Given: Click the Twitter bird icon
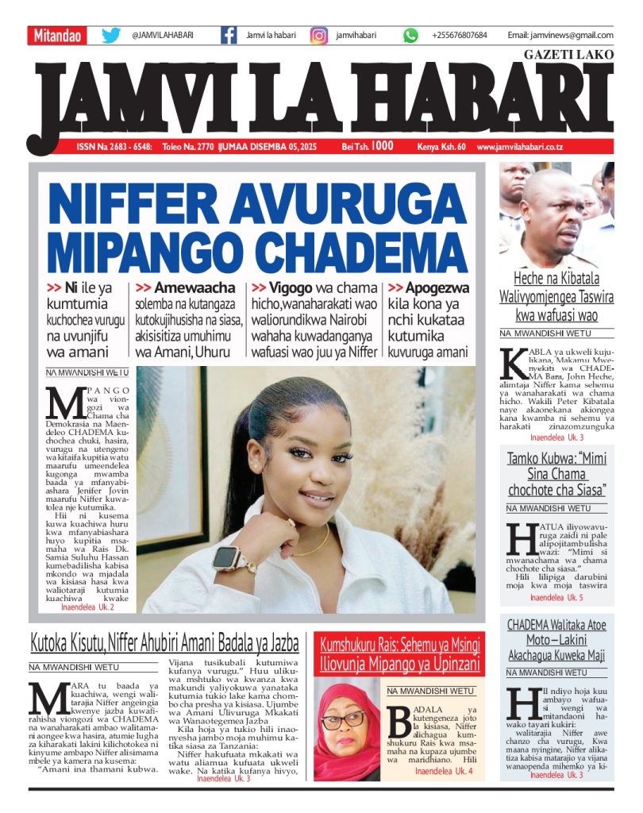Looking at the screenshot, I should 111,36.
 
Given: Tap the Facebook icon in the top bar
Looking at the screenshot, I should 229,36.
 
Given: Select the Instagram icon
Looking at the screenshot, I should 319,36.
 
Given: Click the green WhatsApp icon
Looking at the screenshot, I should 410,36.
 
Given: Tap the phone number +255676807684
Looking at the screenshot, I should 460,36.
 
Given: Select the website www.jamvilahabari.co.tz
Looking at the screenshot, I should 544,147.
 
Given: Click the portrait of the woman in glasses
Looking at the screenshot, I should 347,731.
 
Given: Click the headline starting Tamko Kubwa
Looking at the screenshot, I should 556,473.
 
